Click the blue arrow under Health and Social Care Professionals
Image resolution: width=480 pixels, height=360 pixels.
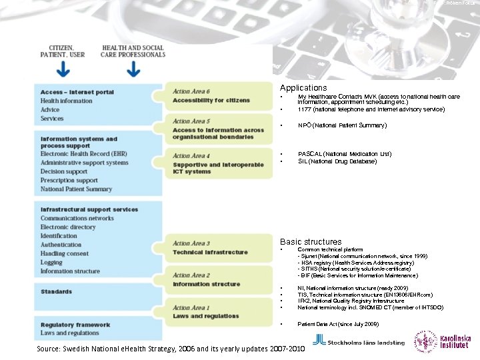coord(133,69)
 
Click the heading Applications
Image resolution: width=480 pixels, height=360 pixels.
coord(303,88)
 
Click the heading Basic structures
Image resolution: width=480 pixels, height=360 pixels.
coord(311,242)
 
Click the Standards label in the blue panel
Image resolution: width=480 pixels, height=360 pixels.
coord(56,292)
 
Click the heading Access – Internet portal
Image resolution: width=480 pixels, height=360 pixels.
coord(77,92)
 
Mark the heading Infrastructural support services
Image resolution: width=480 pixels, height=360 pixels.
coord(89,209)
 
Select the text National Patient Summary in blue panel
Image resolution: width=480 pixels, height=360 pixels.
coord(76,189)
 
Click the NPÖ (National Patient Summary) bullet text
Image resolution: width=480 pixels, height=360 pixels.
coord(342,125)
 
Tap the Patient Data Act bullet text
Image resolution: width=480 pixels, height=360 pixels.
coord(338,323)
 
